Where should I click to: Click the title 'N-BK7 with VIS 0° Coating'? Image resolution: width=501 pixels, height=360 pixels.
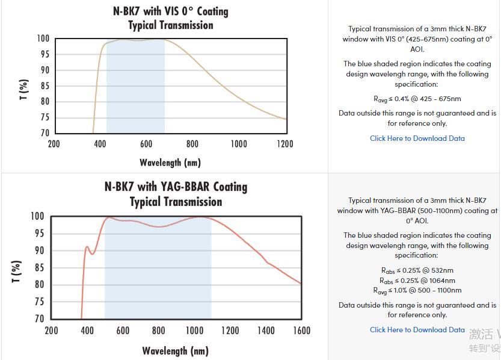pos(171,11)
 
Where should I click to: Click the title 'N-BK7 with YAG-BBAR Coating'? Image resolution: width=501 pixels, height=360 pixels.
pos(176,187)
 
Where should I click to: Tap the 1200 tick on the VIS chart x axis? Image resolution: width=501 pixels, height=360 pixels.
pos(285,144)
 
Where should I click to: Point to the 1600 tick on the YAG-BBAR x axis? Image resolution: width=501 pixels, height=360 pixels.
pos(301,331)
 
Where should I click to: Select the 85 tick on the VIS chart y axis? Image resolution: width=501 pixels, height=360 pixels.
pos(44,85)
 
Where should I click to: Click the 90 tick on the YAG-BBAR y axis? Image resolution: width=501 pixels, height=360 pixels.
pos(38,250)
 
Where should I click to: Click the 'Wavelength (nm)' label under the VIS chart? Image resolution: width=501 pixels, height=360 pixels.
pos(170,163)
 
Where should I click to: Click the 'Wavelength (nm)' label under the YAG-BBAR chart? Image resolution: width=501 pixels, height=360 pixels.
pos(175,350)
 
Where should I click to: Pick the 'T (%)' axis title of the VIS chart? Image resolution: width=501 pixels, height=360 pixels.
pos(24,89)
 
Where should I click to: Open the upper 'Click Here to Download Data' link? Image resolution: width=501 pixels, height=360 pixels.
pos(417,138)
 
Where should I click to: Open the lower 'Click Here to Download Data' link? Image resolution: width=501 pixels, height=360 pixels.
pos(417,330)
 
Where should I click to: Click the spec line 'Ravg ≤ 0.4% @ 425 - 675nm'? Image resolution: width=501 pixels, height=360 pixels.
pos(417,99)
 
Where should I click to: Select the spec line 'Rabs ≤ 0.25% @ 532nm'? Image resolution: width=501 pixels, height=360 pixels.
pos(417,270)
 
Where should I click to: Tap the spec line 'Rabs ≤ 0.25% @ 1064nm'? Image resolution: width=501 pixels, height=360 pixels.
pos(417,281)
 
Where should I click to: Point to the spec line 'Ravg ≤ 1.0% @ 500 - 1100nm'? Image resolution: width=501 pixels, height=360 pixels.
pos(417,291)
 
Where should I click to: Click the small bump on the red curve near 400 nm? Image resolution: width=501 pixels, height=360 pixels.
pos(87,247)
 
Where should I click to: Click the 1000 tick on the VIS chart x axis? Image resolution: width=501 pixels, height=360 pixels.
pos(239,144)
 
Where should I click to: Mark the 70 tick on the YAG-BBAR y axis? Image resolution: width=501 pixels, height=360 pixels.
pos(38,318)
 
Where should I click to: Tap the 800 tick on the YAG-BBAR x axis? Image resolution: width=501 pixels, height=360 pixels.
pos(159,331)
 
